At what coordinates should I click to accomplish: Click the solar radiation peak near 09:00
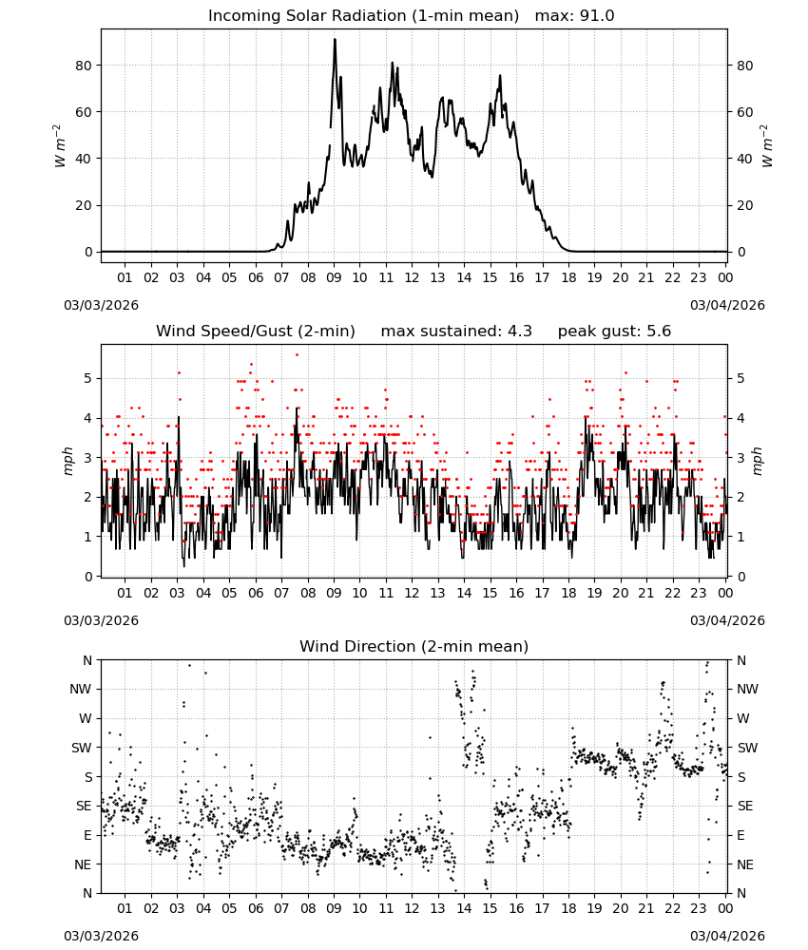pyautogui.click(x=335, y=39)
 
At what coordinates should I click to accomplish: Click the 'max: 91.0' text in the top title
pyautogui.click(x=574, y=16)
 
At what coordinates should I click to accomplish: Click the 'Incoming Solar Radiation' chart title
pyautogui.click(x=307, y=16)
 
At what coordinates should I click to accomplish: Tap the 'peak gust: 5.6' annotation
pyautogui.click(x=614, y=332)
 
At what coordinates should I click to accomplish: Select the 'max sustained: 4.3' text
pyautogui.click(x=456, y=332)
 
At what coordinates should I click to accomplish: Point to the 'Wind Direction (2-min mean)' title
pyautogui.click(x=414, y=646)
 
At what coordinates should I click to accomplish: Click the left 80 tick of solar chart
pyautogui.click(x=84, y=66)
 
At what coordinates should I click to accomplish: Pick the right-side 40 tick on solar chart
pyautogui.click(x=744, y=159)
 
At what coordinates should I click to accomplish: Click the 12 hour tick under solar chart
pyautogui.click(x=413, y=277)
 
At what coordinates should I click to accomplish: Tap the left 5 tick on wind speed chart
pyautogui.click(x=88, y=379)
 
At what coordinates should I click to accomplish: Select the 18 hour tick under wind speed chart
pyautogui.click(x=568, y=593)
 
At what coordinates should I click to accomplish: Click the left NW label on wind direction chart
pyautogui.click(x=81, y=690)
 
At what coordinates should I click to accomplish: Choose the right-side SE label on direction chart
pyautogui.click(x=745, y=807)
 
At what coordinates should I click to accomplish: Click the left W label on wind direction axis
pyautogui.click(x=86, y=718)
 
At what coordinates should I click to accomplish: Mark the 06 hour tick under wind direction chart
pyautogui.click(x=256, y=907)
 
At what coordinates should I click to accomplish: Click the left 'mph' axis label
pyautogui.click(x=67, y=461)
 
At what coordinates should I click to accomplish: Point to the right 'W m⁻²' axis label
pyautogui.click(x=765, y=146)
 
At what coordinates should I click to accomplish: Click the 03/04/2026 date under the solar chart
pyautogui.click(x=727, y=305)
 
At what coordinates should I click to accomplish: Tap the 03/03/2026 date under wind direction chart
pyautogui.click(x=101, y=936)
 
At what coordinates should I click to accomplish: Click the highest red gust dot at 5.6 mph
pyautogui.click(x=297, y=355)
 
